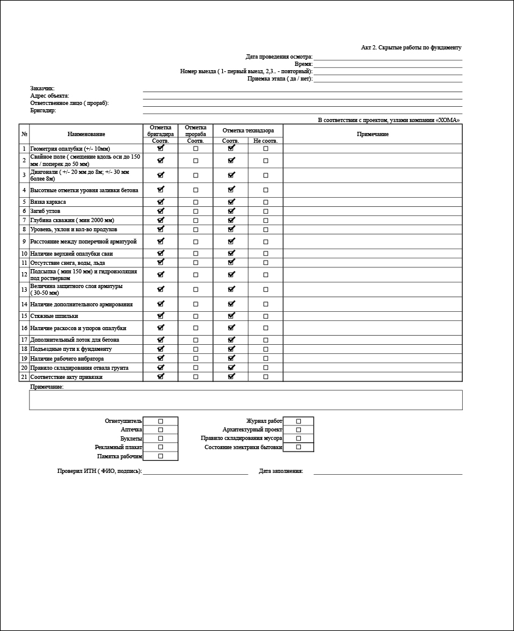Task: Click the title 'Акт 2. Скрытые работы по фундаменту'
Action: [x=411, y=48]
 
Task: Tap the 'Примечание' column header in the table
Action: [x=372, y=134]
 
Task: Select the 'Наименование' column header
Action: [x=86, y=134]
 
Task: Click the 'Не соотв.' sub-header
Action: [x=266, y=141]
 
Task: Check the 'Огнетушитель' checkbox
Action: [x=161, y=421]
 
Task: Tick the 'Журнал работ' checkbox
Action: [x=299, y=421]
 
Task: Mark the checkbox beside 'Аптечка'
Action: [x=161, y=430]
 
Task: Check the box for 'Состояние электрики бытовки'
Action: [x=299, y=447]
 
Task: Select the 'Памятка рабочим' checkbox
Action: [x=161, y=456]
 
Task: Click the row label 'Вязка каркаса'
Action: [x=48, y=202]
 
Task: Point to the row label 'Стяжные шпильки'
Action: [x=54, y=316]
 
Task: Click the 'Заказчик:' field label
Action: [x=43, y=88]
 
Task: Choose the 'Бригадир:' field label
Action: [x=43, y=111]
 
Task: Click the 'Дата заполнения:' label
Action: [x=281, y=471]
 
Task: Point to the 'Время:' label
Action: [x=303, y=64]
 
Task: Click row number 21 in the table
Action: [x=24, y=377]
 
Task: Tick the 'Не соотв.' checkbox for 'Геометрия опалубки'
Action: [x=266, y=149]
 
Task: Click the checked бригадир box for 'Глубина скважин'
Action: [x=161, y=220]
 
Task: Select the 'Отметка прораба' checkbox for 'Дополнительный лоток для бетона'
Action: [x=196, y=340]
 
